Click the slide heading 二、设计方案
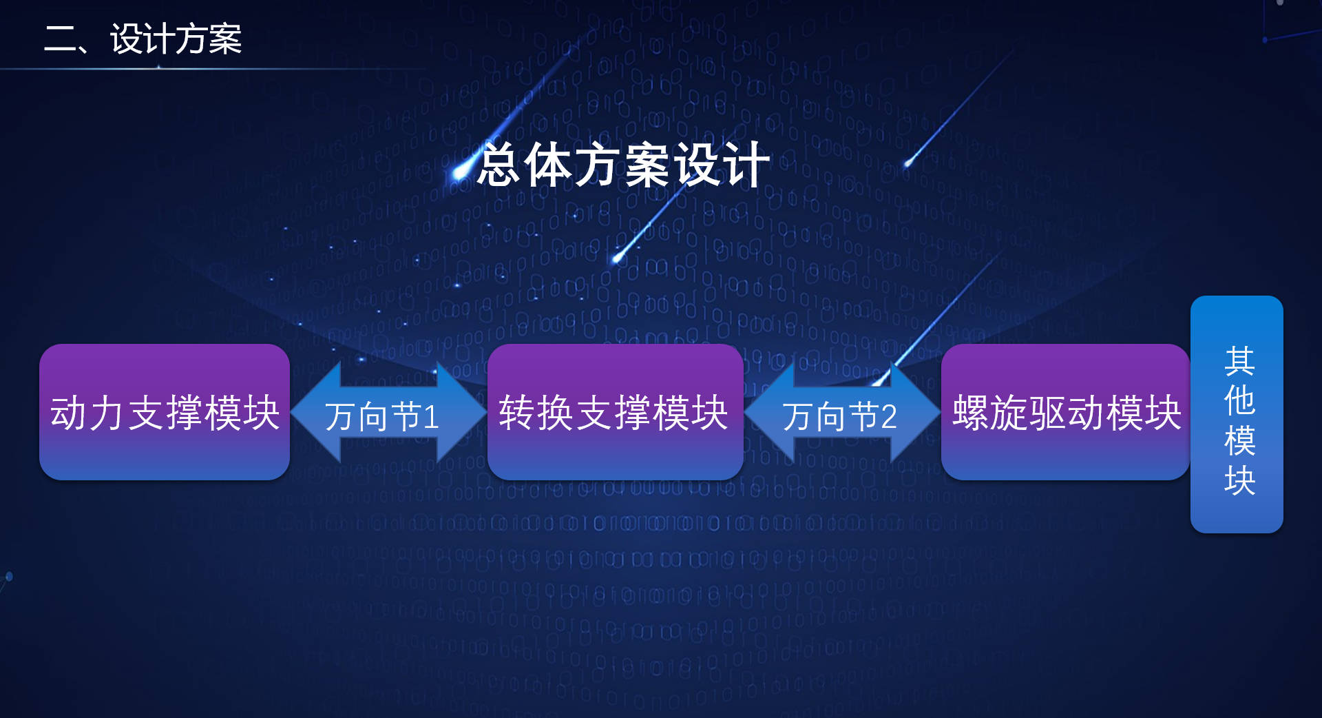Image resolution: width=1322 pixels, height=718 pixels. (x=143, y=39)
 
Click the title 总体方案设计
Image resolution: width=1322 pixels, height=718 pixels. (x=624, y=165)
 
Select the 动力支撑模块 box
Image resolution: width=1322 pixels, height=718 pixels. (x=165, y=412)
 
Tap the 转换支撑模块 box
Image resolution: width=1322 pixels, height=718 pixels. (x=615, y=412)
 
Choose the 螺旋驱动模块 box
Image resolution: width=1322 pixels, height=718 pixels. (x=1065, y=412)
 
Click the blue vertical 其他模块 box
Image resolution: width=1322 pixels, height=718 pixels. (x=1237, y=414)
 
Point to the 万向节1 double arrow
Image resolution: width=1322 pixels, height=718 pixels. (x=389, y=412)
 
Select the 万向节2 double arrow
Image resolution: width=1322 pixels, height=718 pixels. (x=842, y=412)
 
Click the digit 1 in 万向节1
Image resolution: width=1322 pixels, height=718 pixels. (x=432, y=417)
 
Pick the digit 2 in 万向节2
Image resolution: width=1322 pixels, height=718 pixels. (x=888, y=417)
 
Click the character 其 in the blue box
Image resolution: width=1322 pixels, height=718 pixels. (x=1239, y=361)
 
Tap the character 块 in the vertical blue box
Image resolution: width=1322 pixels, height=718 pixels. (x=1239, y=480)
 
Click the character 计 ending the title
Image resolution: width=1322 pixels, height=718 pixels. (x=748, y=165)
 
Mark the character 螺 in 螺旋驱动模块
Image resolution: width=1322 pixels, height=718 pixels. (x=971, y=413)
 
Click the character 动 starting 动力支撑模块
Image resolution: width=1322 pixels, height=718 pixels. (x=69, y=413)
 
